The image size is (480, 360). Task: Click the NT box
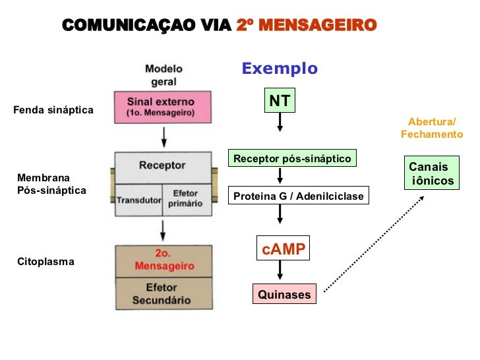[280, 101]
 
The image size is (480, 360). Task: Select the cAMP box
[282, 249]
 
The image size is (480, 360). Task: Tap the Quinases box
[284, 295]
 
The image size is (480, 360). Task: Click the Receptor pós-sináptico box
[292, 159]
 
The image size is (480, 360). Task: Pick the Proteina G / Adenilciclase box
[298, 196]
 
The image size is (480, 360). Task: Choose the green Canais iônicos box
[431, 173]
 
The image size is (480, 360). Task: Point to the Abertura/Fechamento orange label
[432, 128]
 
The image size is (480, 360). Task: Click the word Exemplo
[280, 69]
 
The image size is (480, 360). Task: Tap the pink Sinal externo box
[163, 107]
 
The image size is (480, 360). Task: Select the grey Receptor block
[163, 166]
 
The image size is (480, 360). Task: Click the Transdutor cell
[138, 200]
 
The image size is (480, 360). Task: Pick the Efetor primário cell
[186, 199]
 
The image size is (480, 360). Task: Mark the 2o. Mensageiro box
[164, 260]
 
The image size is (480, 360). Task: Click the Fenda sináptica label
[53, 109]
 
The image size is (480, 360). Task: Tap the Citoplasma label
[45, 262]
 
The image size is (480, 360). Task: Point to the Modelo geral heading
[164, 75]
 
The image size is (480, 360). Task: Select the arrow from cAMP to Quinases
[280, 270]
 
